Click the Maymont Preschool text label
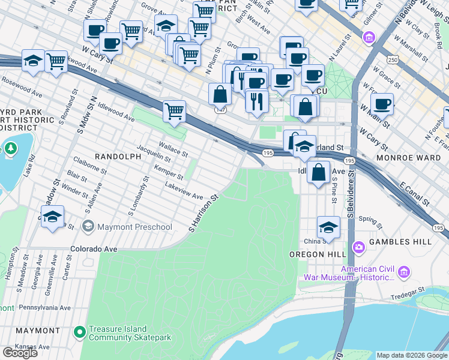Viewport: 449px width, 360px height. pyautogui.click(x=134, y=227)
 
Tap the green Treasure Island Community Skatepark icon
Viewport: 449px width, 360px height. pyautogui.click(x=79, y=331)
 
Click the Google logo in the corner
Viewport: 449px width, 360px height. pyautogui.click(x=20, y=353)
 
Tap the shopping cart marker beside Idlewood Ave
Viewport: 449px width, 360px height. pyautogui.click(x=174, y=110)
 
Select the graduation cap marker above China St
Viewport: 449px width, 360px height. pyautogui.click(x=328, y=227)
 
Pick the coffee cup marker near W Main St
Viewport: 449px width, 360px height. pyautogui.click(x=382, y=104)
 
